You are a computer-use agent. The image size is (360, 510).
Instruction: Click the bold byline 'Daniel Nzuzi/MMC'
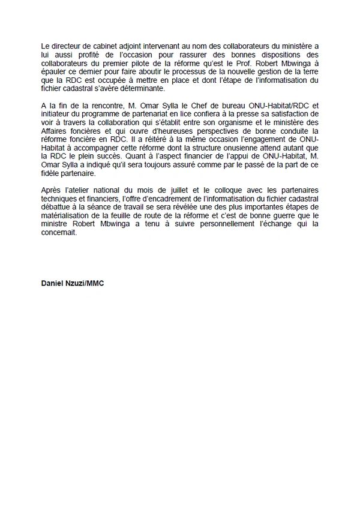pyautogui.click(x=73, y=283)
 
